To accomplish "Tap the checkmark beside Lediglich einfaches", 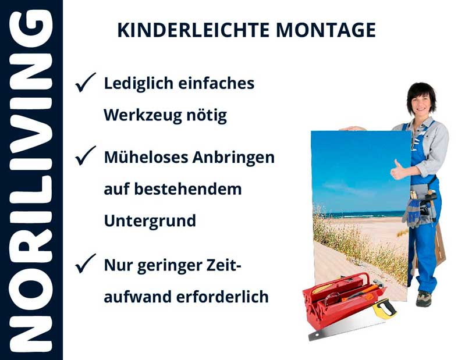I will (x=85, y=84).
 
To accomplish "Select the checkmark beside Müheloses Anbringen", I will (x=85, y=156).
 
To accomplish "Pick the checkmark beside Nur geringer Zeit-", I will (x=85, y=265).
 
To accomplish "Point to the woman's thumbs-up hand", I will (x=399, y=170).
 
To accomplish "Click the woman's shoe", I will (x=423, y=298).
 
